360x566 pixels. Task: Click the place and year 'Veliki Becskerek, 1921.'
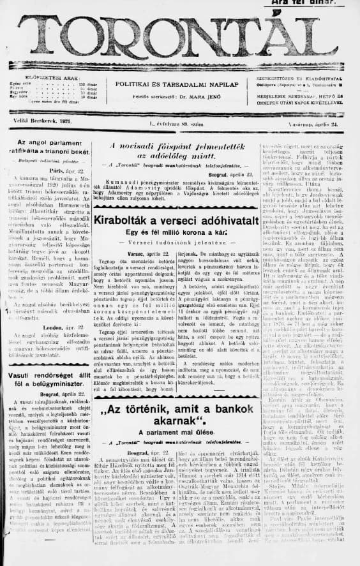point(42,120)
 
